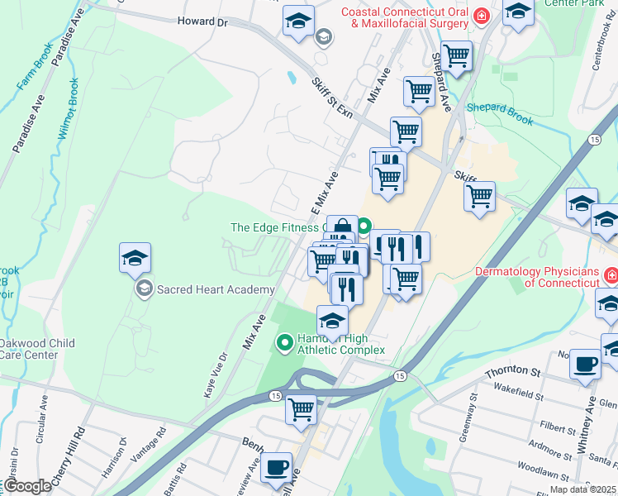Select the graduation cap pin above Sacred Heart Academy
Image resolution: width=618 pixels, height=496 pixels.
tap(135, 259)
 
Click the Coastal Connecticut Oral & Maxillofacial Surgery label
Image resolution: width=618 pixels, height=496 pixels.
tap(404, 17)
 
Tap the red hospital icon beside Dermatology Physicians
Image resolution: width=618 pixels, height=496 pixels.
tap(611, 274)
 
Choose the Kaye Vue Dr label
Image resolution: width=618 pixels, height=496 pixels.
tap(214, 377)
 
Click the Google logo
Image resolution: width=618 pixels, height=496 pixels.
tap(27, 486)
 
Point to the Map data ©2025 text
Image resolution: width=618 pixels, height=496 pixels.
tap(583, 489)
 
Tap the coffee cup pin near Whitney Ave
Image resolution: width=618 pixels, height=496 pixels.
tap(585, 364)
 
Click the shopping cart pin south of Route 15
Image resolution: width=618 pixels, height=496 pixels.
tap(302, 408)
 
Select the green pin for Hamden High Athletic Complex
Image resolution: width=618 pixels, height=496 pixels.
tap(285, 341)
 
